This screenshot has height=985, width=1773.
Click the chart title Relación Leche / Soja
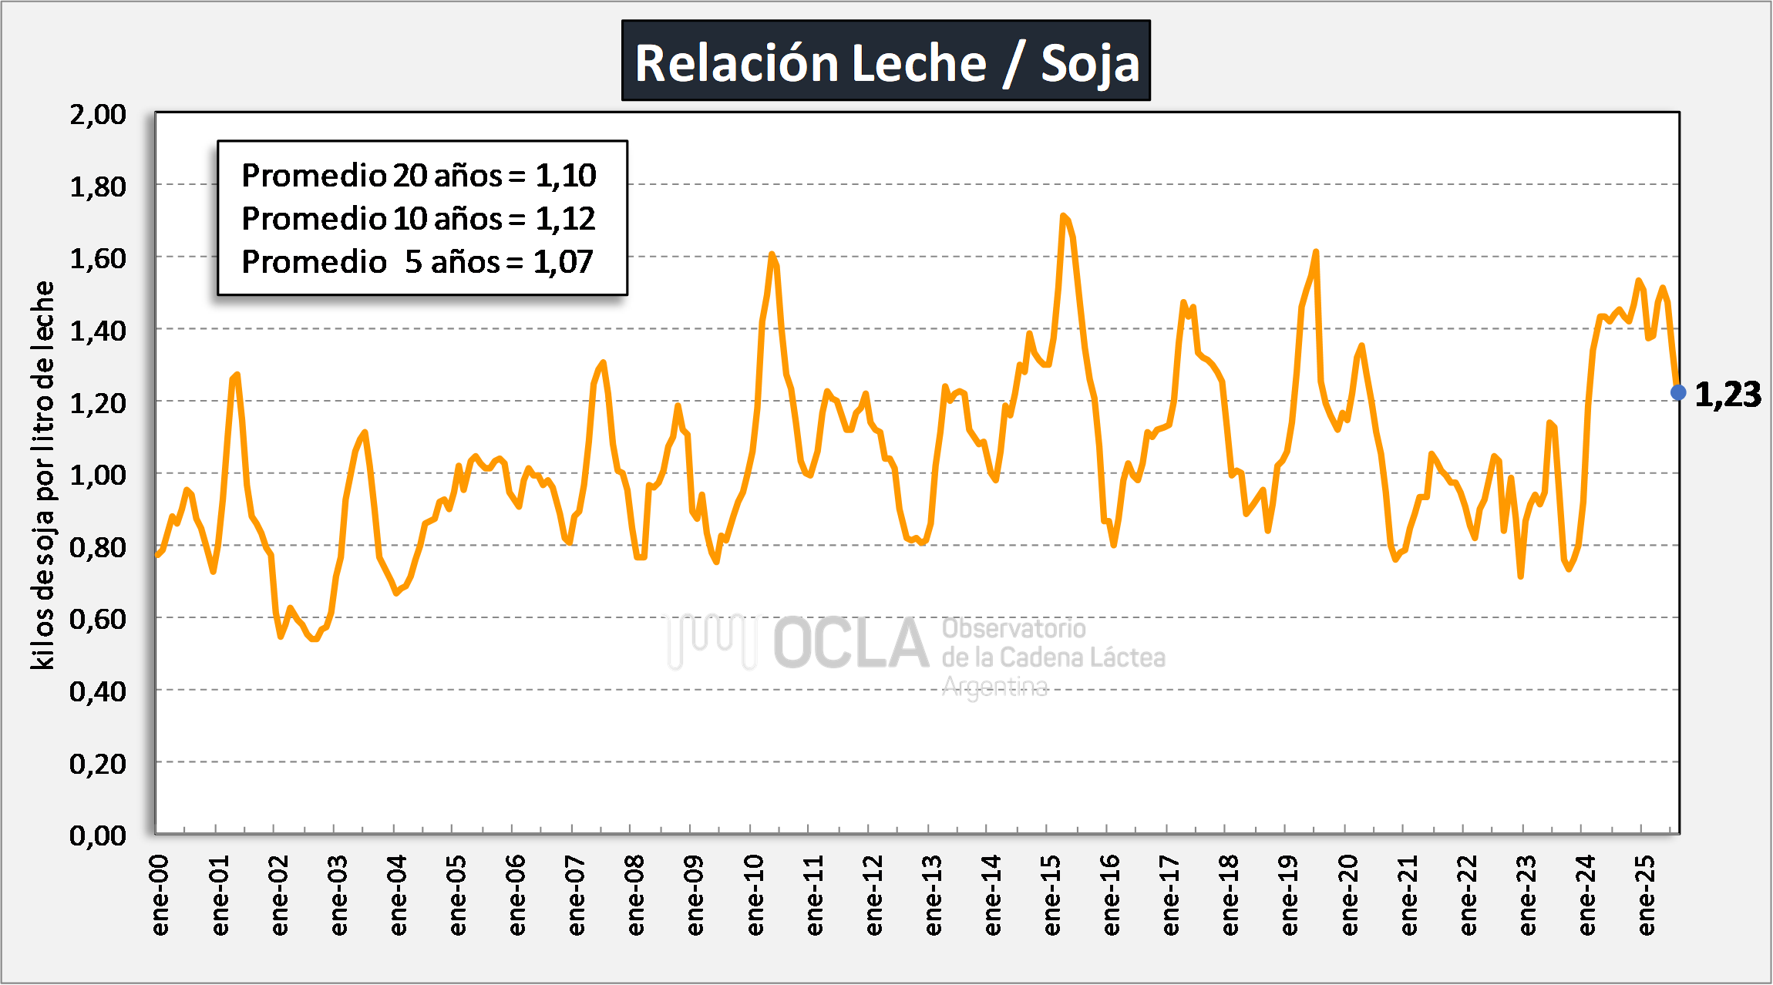[886, 62]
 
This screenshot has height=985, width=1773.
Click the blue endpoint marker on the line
[1678, 393]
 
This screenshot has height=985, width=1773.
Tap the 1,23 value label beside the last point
[1728, 395]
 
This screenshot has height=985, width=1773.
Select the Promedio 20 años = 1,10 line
[419, 176]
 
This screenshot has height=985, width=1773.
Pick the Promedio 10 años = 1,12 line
[419, 219]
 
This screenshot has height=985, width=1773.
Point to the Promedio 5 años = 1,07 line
[417, 262]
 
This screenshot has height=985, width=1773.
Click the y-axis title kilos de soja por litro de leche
[43, 475]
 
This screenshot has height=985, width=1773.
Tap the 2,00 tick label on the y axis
[98, 115]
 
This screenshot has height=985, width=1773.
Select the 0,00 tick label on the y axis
[98, 835]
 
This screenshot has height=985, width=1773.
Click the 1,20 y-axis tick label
[98, 403]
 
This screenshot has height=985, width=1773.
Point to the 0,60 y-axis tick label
[98, 619]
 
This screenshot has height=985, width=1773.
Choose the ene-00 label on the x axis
[160, 896]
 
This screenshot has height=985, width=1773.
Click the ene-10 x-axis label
[755, 896]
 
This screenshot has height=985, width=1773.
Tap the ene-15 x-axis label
[1051, 896]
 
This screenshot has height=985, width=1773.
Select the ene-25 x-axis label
[1646, 896]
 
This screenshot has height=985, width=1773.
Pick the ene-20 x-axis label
[1349, 896]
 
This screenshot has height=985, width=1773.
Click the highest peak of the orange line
[1063, 216]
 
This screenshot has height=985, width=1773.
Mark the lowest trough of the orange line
[314, 639]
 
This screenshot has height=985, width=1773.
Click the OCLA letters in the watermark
[851, 644]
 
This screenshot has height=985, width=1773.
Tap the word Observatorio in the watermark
[1014, 629]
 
